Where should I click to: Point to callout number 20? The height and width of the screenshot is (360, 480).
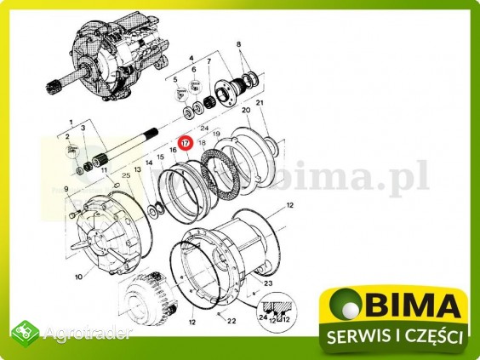246,111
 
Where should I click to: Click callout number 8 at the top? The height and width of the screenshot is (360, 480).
238,43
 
